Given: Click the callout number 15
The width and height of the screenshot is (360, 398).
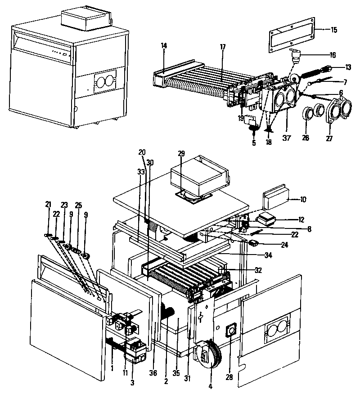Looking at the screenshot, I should pos(333,30).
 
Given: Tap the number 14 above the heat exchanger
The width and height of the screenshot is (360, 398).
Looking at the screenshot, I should pos(163,45).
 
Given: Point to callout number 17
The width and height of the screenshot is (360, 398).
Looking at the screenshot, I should pos(222,46).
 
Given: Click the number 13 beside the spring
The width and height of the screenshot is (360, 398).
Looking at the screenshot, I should pos(335,67).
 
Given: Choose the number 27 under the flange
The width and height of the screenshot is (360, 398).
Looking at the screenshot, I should pos(329,139).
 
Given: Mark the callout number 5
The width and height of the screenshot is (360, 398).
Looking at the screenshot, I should pos(253,143).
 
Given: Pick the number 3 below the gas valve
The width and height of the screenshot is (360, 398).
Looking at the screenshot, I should pos(132,382).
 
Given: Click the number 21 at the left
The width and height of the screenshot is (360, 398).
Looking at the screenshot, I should pos(48,205).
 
